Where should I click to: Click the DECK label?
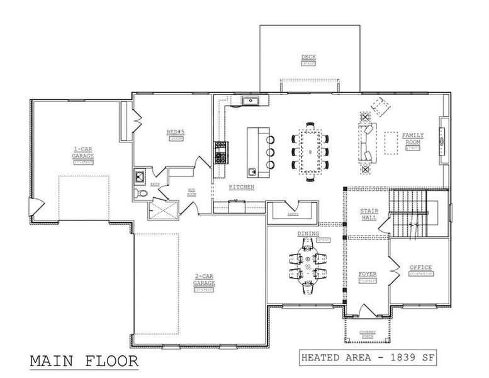click(x=308, y=57)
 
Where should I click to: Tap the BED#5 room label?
click(x=174, y=132)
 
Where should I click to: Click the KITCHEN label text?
click(x=242, y=188)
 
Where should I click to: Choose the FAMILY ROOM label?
click(x=413, y=139)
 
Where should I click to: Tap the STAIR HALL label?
click(x=369, y=214)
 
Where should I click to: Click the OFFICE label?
click(x=420, y=268)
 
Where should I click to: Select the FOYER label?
click(x=368, y=275)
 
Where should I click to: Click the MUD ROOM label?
click(x=193, y=192)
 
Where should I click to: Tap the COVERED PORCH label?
click(x=368, y=334)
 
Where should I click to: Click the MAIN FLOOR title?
click(x=84, y=362)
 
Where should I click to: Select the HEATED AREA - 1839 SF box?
click(x=368, y=357)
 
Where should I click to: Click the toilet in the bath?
click(x=141, y=193)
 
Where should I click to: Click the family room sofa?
click(x=365, y=142)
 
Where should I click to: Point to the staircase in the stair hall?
click(x=408, y=214)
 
